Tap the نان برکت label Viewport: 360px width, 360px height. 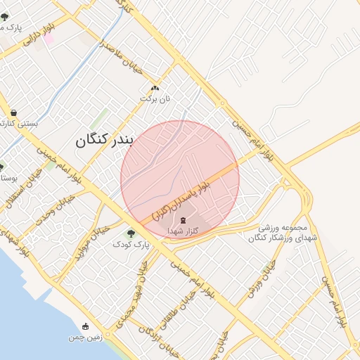(x=155, y=98)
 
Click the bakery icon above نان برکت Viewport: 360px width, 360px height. (x=155, y=88)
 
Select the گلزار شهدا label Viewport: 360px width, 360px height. (x=185, y=231)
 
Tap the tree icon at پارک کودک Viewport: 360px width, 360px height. (x=130, y=233)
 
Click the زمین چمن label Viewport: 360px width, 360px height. (x=85, y=337)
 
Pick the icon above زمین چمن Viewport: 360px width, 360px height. (x=86, y=326)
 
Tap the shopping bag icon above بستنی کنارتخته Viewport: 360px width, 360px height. (x=13, y=112)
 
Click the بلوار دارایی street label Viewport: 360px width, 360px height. (x=39, y=34)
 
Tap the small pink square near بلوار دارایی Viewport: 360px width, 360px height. (x=49, y=38)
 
